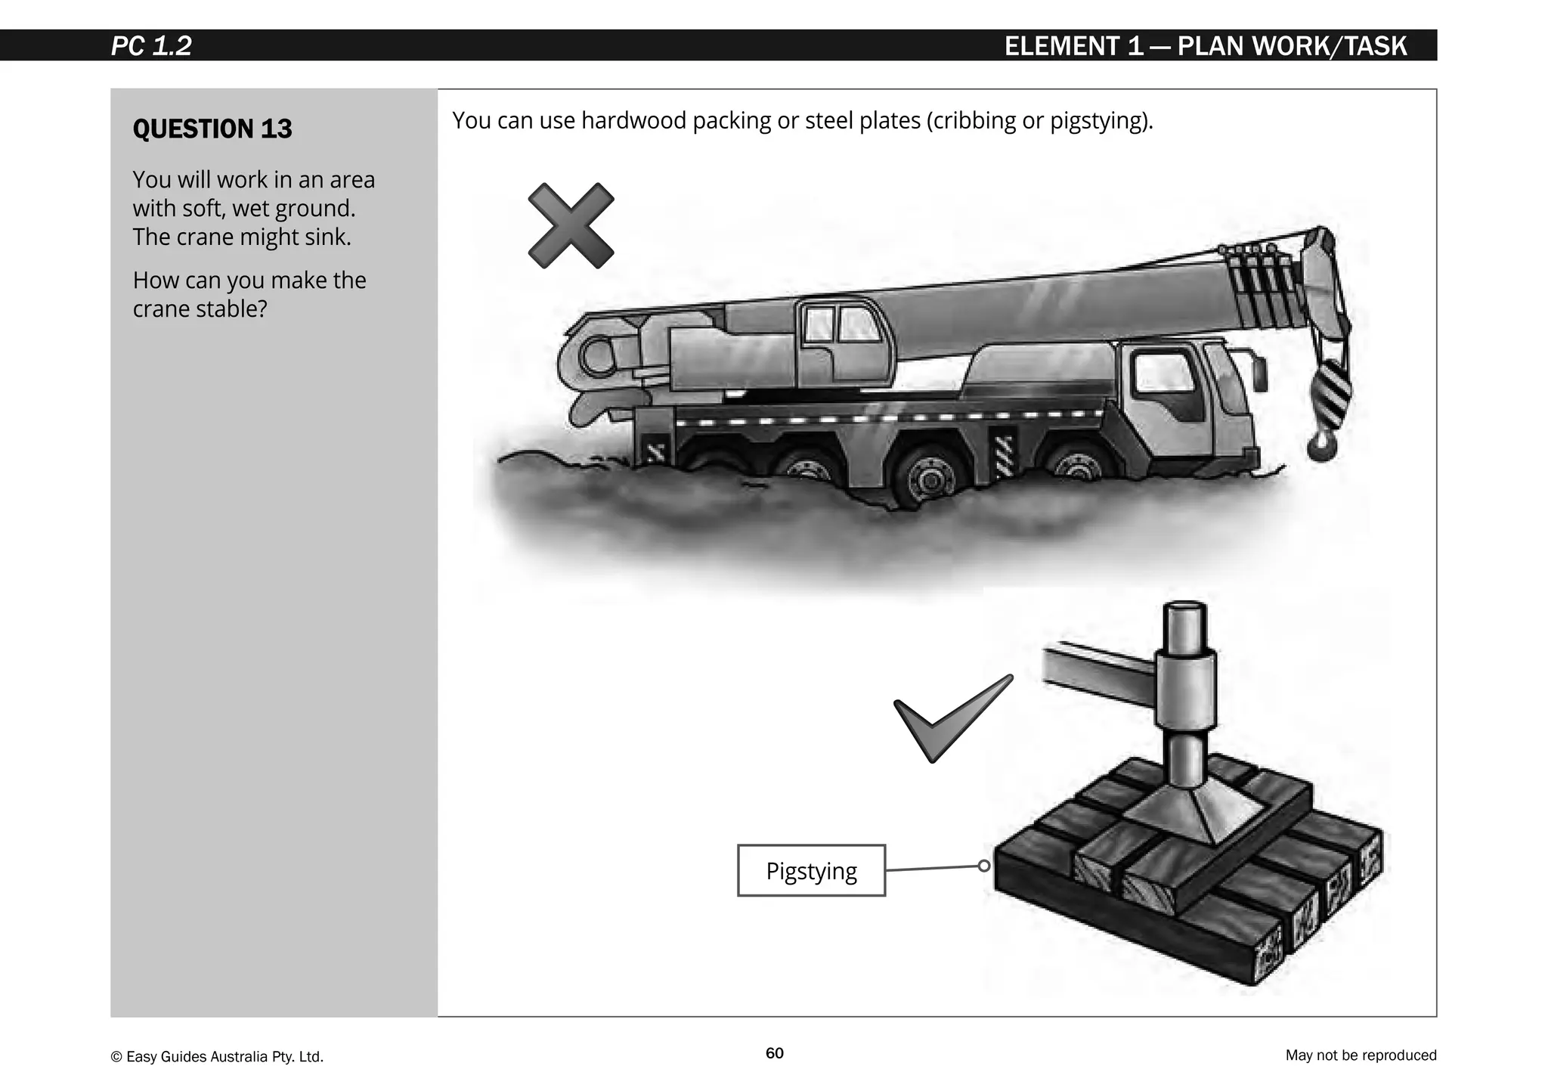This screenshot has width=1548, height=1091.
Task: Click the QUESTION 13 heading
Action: coord(212,129)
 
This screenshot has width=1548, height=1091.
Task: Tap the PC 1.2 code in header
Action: coord(151,46)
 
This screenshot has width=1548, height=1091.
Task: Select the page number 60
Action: coord(774,1053)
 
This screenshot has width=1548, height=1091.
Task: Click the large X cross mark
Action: coord(571,225)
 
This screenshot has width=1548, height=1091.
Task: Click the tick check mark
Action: coord(951,718)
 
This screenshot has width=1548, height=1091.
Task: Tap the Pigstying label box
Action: coord(810,870)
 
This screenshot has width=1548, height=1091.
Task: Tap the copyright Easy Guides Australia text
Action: coord(217,1056)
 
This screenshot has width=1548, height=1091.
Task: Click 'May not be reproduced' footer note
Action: coord(1360,1055)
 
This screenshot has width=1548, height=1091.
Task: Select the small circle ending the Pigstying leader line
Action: coord(983,866)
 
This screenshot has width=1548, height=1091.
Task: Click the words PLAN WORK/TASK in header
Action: coord(1292,46)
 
